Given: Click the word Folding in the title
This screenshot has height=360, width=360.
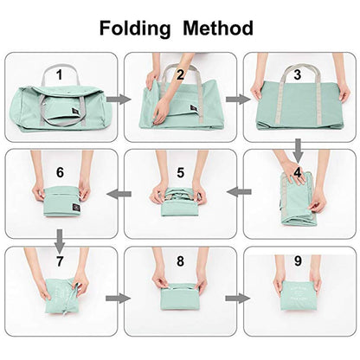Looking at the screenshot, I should pyautogui.click(x=135, y=28).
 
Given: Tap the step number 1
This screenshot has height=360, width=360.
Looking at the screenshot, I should pyautogui.click(x=59, y=74).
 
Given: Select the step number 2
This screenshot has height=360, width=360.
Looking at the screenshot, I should pyautogui.click(x=180, y=74).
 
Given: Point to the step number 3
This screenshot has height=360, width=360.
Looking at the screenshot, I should pyautogui.click(x=297, y=74).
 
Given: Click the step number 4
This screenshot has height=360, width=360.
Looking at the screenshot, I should pyautogui.click(x=297, y=172).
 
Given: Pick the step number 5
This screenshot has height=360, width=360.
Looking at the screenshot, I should pyautogui.click(x=180, y=172).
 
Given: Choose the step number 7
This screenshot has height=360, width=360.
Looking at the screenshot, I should pyautogui.click(x=59, y=260).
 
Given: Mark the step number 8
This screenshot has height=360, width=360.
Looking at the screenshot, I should pyautogui.click(x=180, y=260).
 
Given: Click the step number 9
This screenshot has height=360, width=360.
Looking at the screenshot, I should pyautogui.click(x=297, y=260).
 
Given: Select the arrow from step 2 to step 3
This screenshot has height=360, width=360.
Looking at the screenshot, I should pyautogui.click(x=235, y=100).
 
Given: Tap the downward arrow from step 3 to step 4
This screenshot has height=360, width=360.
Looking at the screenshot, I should pyautogui.click(x=297, y=149).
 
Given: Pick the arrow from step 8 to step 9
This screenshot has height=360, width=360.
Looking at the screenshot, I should pyautogui.click(x=235, y=299).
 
